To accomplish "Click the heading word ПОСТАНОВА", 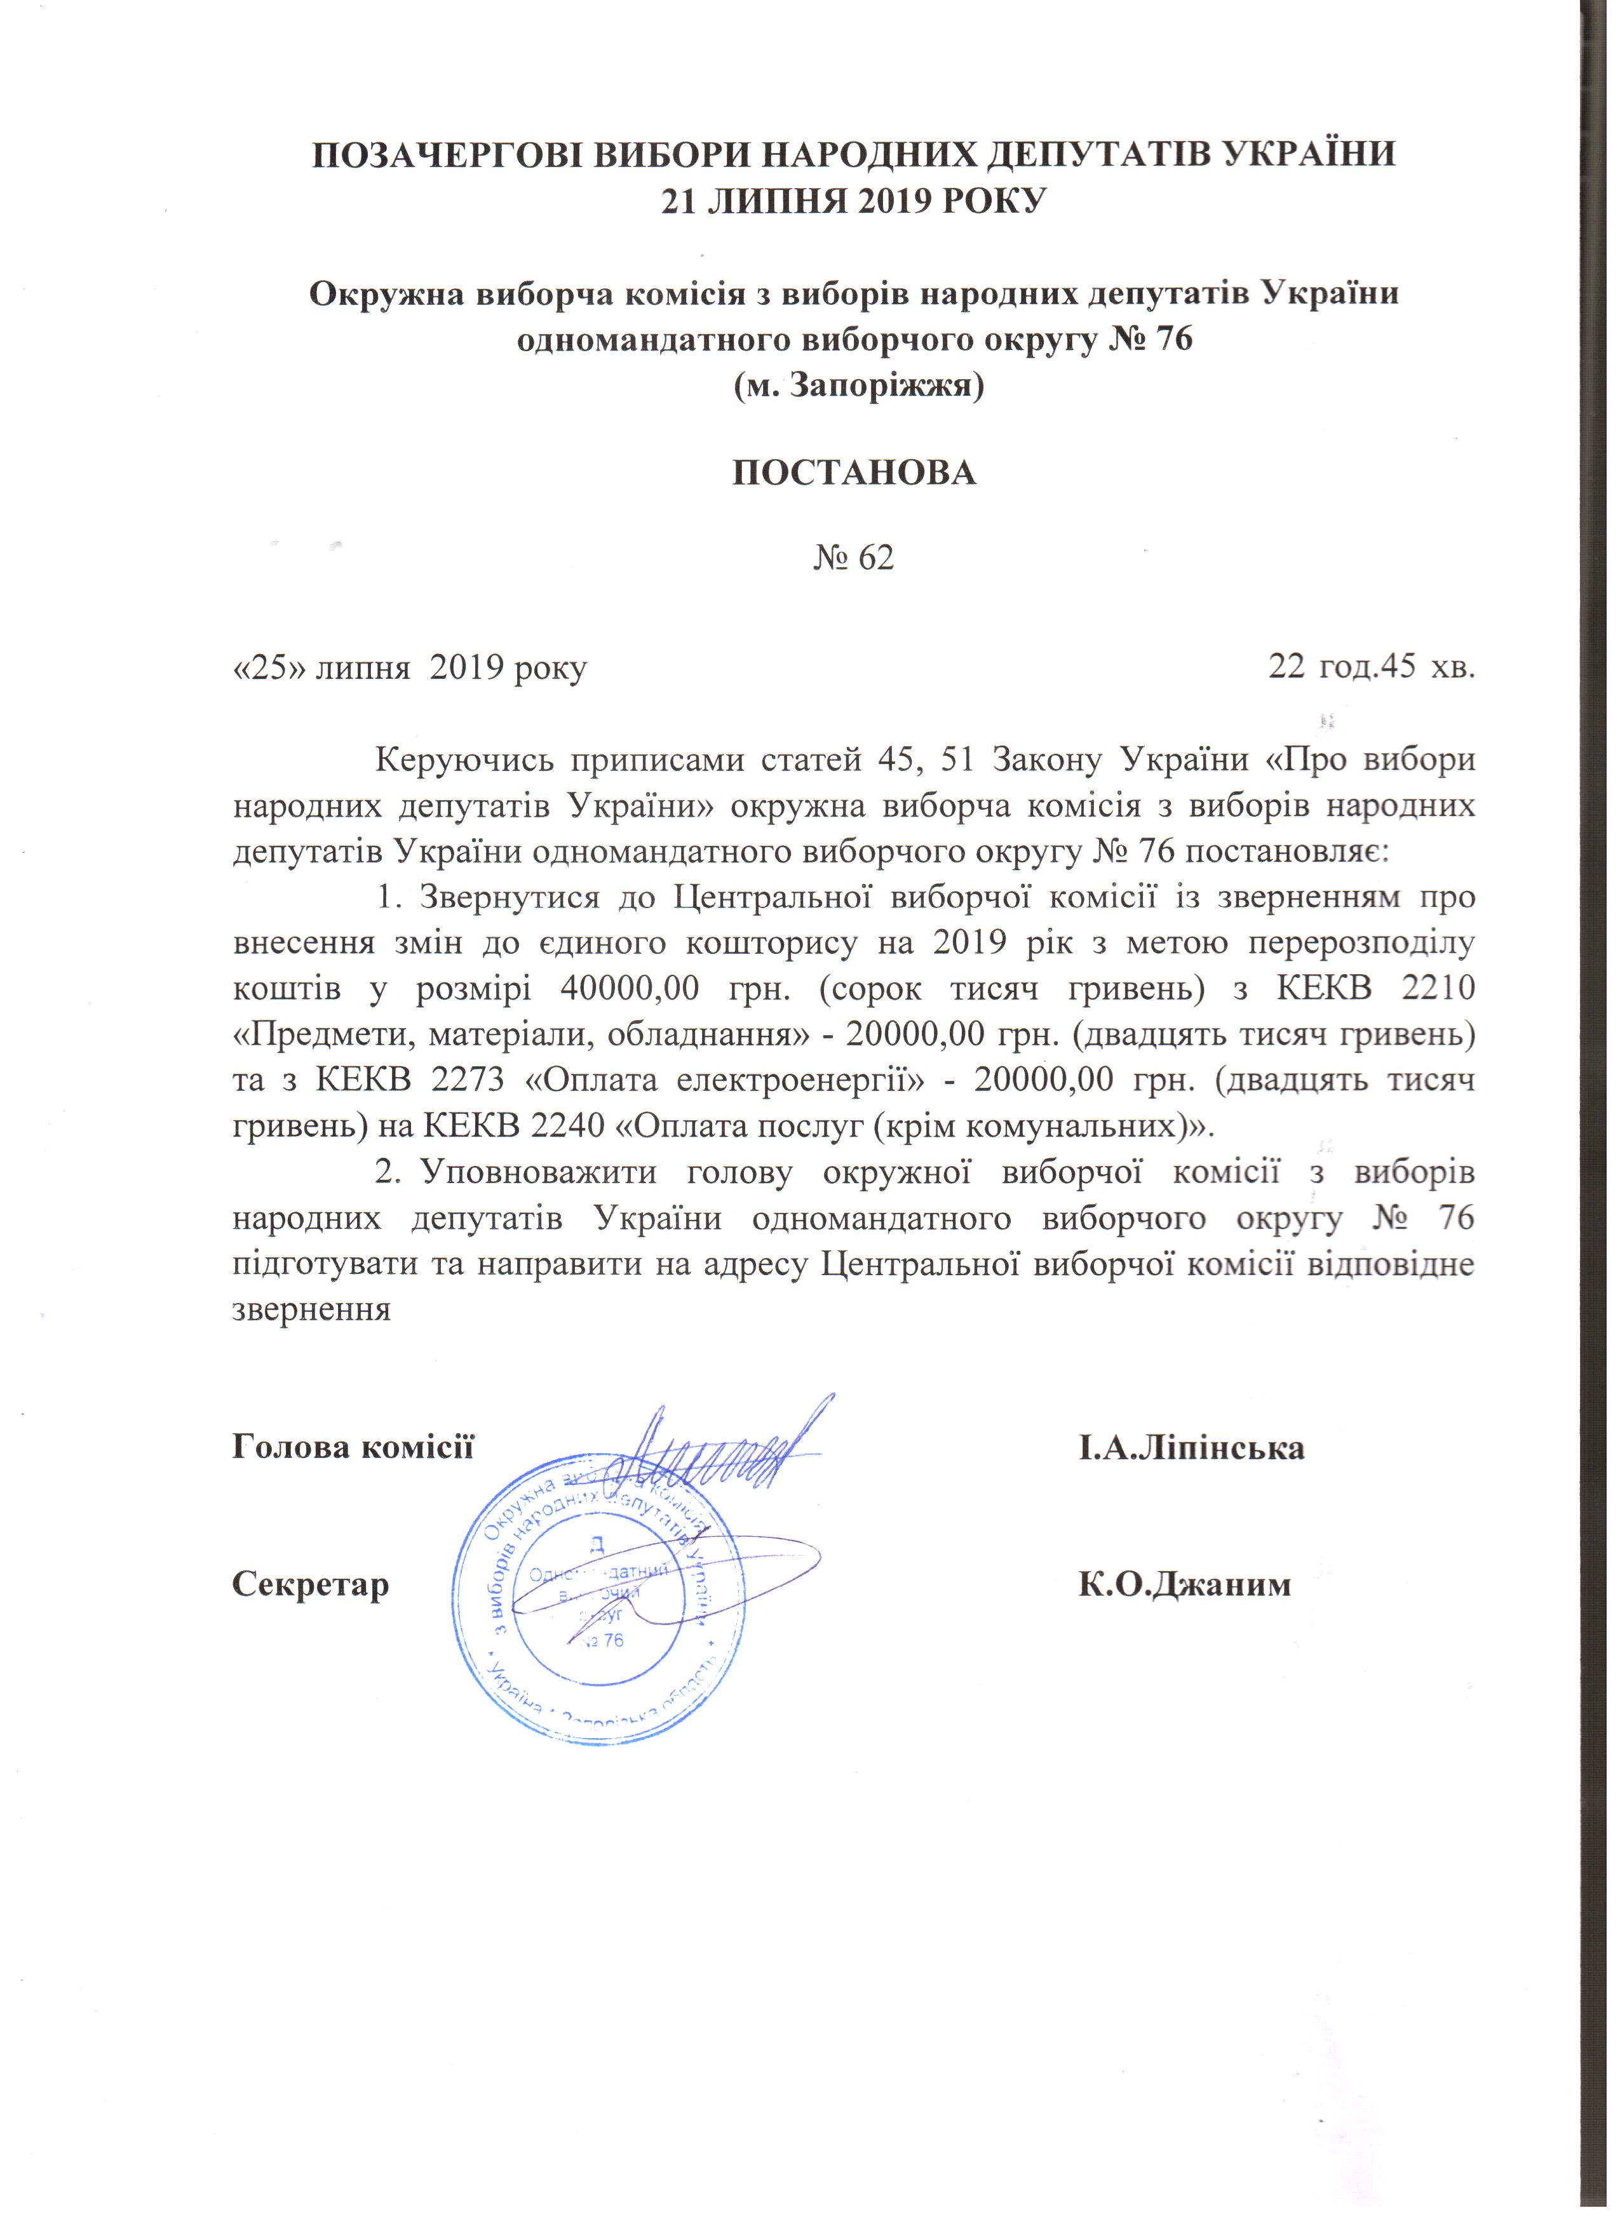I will coord(854,472).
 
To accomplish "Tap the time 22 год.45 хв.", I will coord(1372,667).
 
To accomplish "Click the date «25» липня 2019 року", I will coord(409,669).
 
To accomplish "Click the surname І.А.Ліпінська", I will coord(1191,1448).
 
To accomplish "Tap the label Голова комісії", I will coord(353,1448).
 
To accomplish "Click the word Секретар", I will coord(311,1584).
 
